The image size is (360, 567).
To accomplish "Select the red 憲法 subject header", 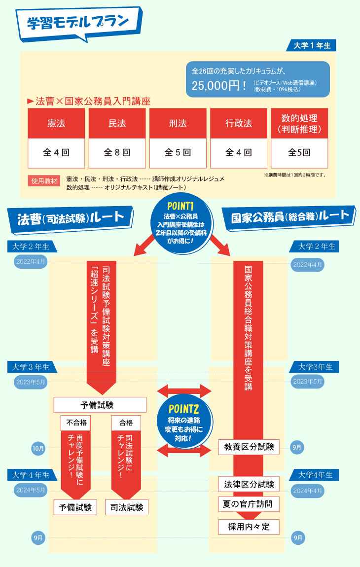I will coord(56,123).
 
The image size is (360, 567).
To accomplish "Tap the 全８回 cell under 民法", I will coord(117,153).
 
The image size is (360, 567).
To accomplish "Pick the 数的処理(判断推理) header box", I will coord(299,123).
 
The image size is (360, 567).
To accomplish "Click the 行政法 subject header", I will coord(239,123).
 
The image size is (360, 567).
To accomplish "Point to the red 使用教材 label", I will coord(44,180).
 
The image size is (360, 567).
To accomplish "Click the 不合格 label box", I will coord(76,422).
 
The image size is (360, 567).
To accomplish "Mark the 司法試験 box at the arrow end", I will coord(127,507).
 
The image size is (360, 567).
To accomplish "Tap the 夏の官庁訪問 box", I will coord(249,504).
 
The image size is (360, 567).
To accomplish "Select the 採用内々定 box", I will coord(249,527).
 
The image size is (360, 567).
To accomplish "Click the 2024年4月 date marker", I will coord(308,491).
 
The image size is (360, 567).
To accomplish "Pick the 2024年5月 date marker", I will coord(31,490).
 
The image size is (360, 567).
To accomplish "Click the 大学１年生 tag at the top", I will coord(312,45).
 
